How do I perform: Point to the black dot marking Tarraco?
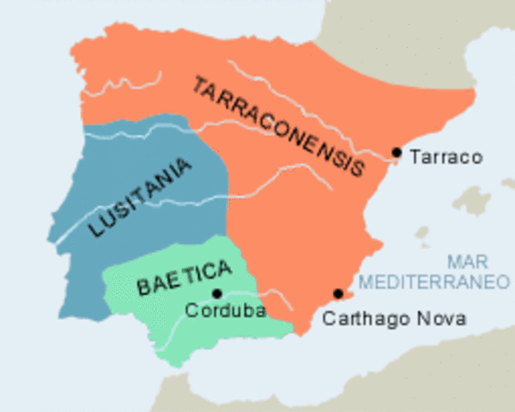(396, 153)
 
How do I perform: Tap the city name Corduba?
(224, 311)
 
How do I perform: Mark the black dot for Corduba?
(217, 294)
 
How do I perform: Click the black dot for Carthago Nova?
(338, 294)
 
